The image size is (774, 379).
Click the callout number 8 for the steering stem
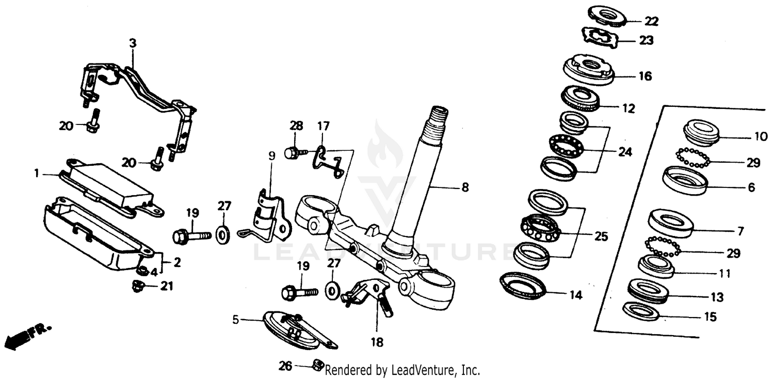point(465,188)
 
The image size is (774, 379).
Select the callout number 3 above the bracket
point(133,44)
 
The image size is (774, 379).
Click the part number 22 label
point(651,21)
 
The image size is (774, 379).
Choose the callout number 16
point(644,76)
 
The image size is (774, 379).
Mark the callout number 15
point(710,317)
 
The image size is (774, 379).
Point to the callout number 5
point(236,320)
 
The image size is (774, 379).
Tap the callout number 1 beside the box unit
point(37,174)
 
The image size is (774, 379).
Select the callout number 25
point(601,236)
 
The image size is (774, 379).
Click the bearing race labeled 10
point(701,133)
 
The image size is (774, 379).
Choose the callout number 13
point(716,297)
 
